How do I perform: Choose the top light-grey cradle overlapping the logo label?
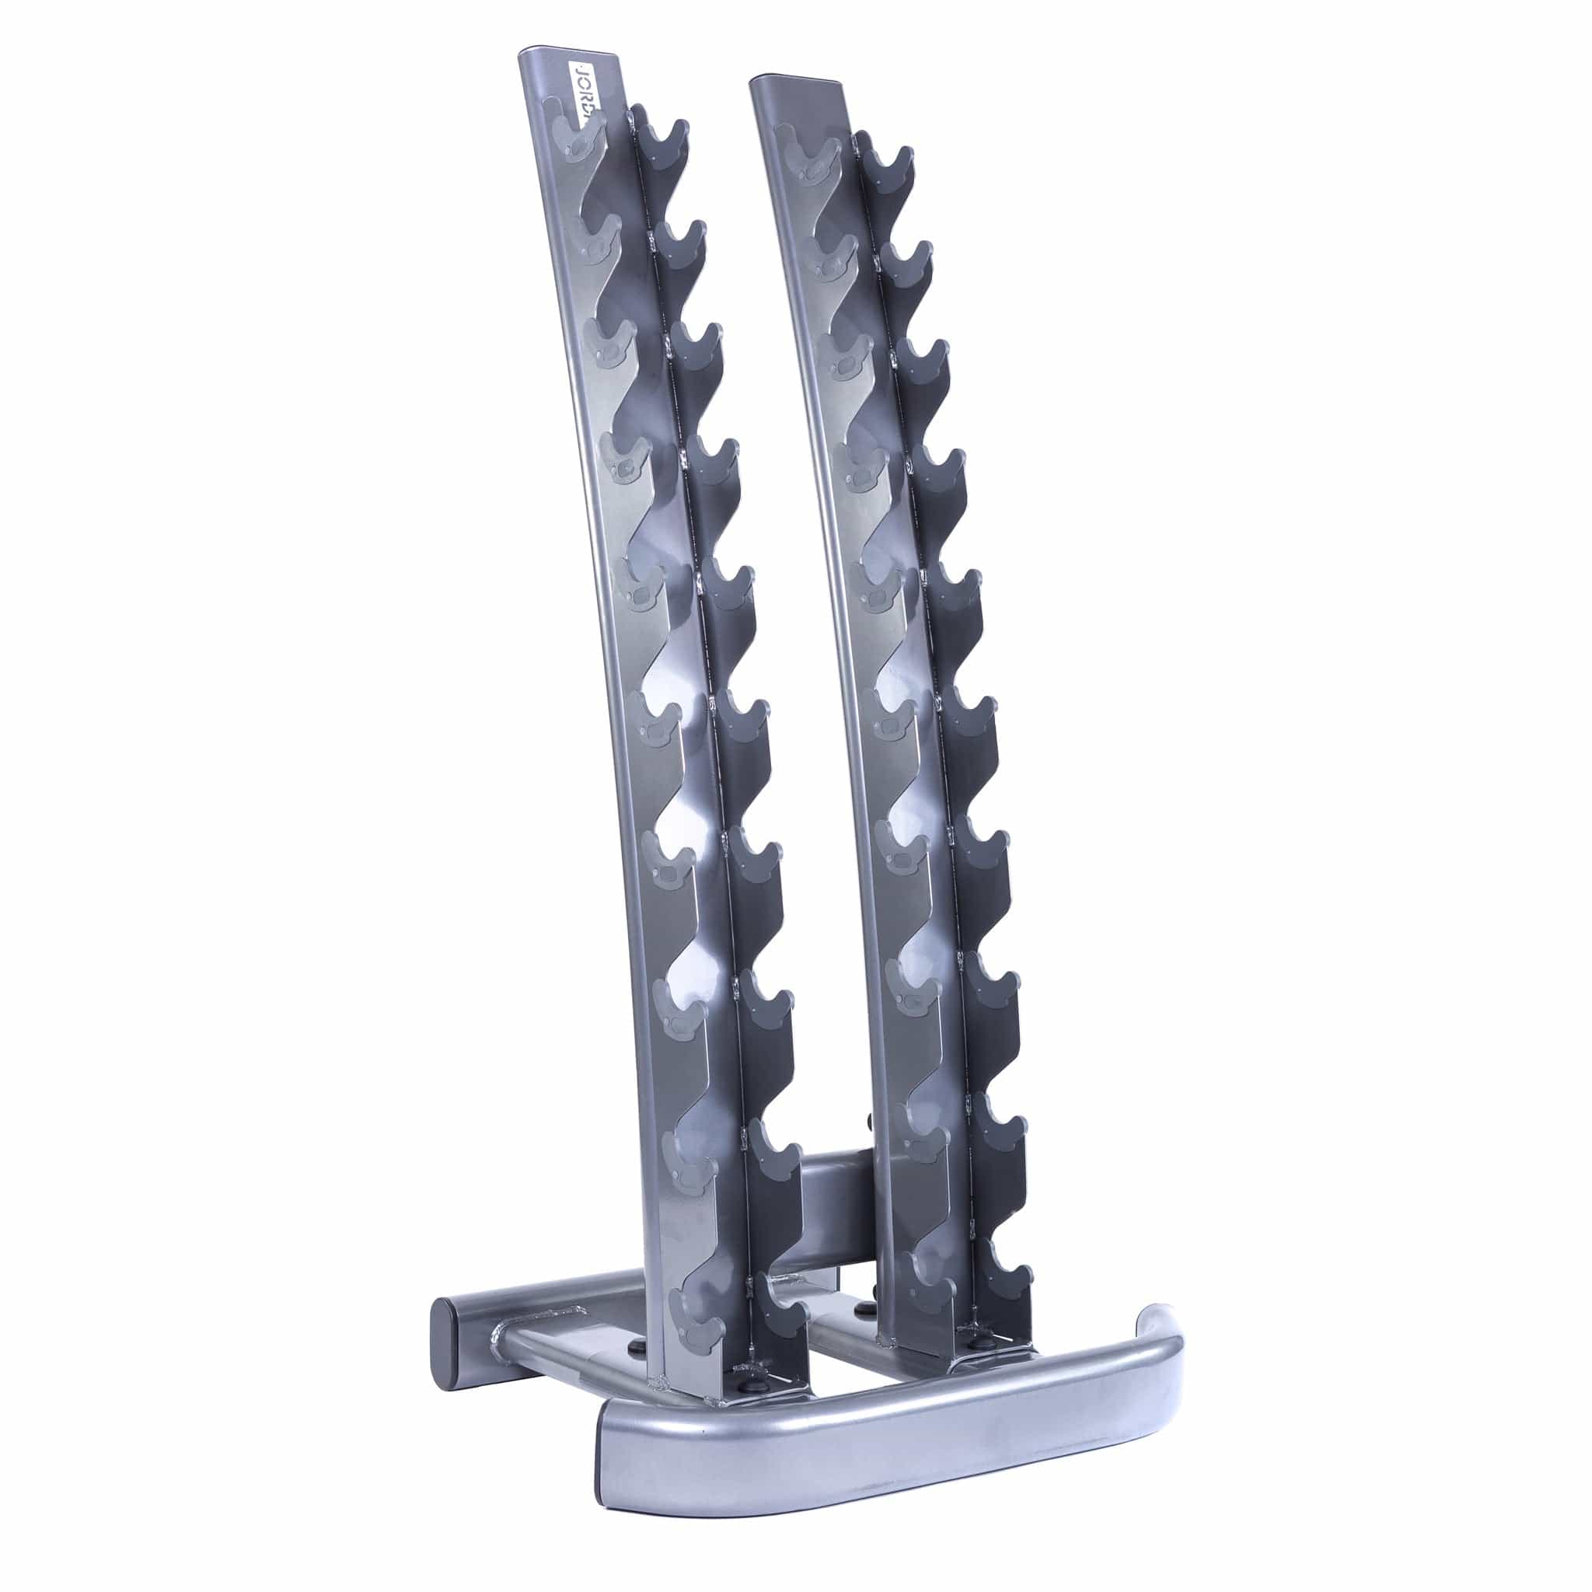577,132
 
